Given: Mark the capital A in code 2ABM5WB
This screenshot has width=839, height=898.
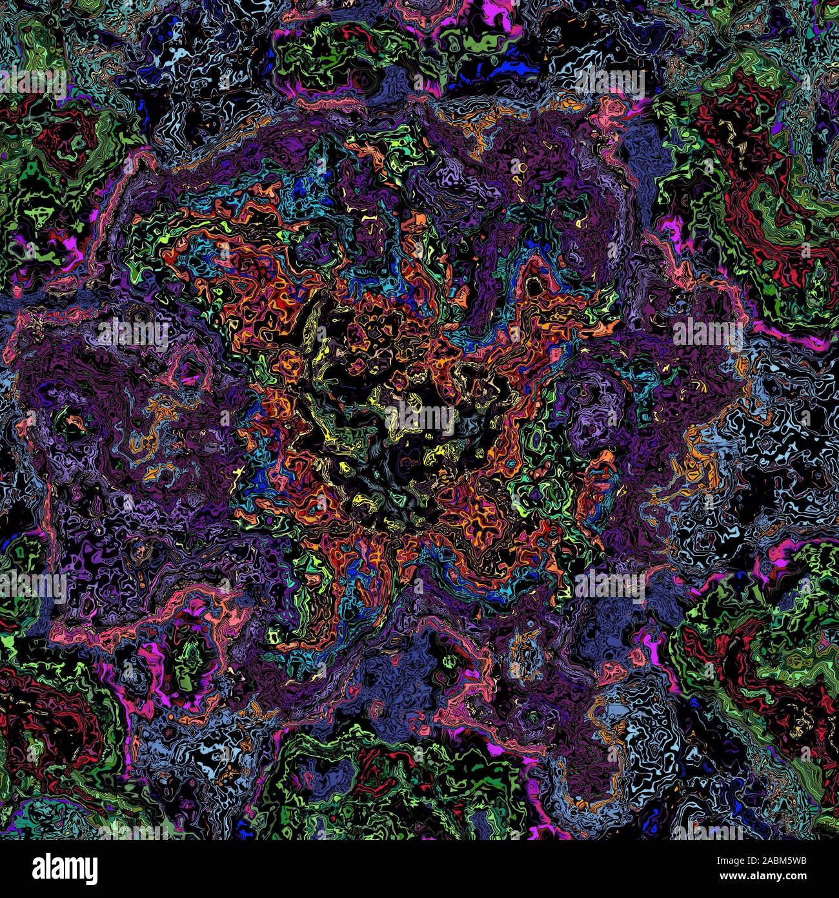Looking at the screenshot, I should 770,861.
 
